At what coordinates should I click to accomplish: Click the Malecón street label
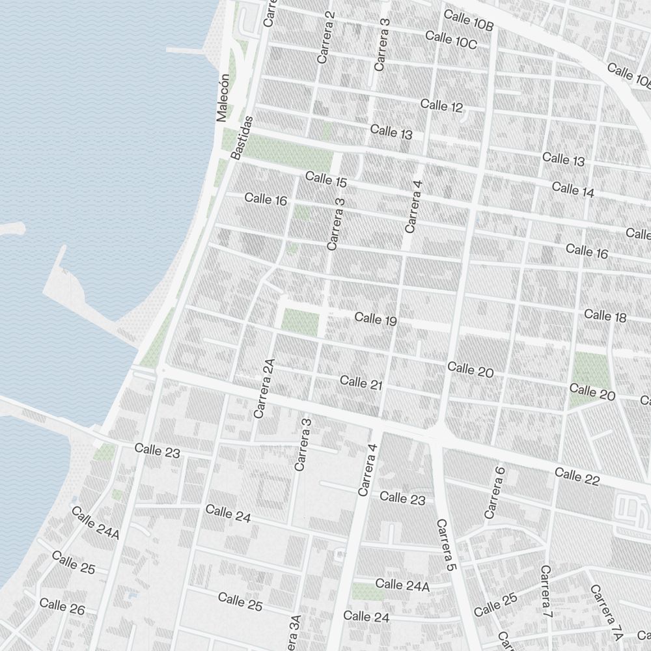(x=223, y=98)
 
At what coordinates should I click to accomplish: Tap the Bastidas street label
(x=242, y=137)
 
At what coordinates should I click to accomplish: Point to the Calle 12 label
(x=441, y=105)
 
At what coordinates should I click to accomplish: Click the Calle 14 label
(x=573, y=189)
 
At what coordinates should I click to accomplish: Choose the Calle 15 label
(x=325, y=179)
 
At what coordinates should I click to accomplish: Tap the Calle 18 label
(x=605, y=316)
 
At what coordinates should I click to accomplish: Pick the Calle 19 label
(x=376, y=319)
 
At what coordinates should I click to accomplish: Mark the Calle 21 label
(x=361, y=383)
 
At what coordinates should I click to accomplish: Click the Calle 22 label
(x=577, y=477)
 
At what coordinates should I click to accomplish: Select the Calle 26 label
(x=62, y=607)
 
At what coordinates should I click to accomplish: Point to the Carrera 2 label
(x=325, y=37)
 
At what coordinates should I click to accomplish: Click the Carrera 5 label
(x=445, y=546)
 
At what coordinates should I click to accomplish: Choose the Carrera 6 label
(x=495, y=492)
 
